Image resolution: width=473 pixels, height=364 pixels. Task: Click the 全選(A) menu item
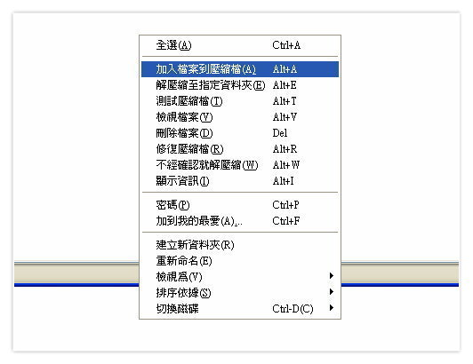[x=173, y=45]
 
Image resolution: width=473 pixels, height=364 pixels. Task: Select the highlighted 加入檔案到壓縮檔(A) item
[x=240, y=69]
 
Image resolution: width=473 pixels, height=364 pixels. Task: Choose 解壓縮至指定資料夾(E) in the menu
[x=211, y=85]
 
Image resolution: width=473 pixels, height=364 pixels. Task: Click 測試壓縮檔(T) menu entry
[x=189, y=101]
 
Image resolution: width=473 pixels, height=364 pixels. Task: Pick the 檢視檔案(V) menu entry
[x=184, y=117]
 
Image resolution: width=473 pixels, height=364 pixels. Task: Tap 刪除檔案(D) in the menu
[x=184, y=133]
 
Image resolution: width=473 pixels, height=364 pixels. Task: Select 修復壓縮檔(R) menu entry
[x=189, y=149]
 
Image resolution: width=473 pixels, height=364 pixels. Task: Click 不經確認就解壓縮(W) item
[x=207, y=165]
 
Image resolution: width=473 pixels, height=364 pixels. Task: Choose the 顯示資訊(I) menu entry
[x=182, y=181]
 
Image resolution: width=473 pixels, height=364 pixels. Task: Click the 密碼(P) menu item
[x=172, y=205]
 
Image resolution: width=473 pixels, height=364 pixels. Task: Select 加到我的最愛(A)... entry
[x=199, y=221]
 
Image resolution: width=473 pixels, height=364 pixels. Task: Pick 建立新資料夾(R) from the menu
[x=196, y=245]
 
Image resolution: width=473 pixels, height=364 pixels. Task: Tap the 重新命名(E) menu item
[x=184, y=261]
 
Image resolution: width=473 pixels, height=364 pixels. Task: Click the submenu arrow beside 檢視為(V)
[x=332, y=276]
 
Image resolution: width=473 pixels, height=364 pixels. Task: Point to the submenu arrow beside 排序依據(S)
[x=332, y=292]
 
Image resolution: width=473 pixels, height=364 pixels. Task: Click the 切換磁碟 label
[x=178, y=309]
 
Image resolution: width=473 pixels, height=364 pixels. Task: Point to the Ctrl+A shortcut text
[x=286, y=45]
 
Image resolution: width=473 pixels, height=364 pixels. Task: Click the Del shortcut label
[x=280, y=133]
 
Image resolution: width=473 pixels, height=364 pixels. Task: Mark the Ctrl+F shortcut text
[x=286, y=221]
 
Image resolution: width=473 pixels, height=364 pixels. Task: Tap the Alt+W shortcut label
[x=286, y=165]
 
